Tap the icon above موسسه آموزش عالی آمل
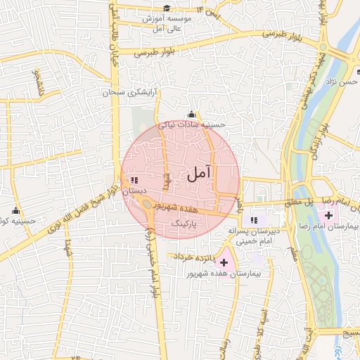[x=167, y=8]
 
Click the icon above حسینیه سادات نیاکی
[x=192, y=115]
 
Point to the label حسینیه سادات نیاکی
[x=192, y=124]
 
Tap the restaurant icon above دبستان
[x=134, y=181]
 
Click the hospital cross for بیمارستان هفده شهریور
[x=224, y=262]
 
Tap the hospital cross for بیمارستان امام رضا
[x=330, y=214]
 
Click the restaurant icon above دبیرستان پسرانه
[x=254, y=221]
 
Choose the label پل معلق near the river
[x=299, y=202]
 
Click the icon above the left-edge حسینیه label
[x=16, y=210]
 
